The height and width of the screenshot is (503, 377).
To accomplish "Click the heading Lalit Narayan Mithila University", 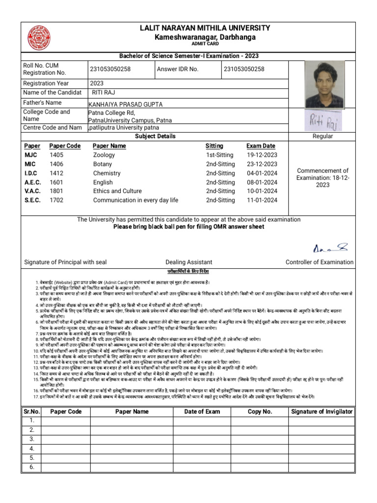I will pos(205,28).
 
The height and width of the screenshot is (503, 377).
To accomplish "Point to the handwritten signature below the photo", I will pos(324,120).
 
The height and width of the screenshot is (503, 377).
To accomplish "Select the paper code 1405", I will pos(56,155).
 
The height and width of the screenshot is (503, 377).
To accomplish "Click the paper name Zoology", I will pos(104,155).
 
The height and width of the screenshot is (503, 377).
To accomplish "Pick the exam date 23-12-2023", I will pos(262,165).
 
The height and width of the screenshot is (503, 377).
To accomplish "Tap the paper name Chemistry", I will pos(107,173).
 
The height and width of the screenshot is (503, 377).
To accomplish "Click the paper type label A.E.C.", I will pos(32,182).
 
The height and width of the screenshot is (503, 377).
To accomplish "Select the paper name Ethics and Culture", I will pos(117,191).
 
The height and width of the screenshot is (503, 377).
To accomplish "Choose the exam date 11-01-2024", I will pos(262,200).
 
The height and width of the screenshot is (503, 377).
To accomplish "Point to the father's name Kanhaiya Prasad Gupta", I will pos(125,105).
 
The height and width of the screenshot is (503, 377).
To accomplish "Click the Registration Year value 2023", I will pos(97,84).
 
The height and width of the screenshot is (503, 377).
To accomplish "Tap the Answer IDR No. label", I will pos(178,69).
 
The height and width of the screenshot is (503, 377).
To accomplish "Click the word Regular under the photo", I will pos(323,136).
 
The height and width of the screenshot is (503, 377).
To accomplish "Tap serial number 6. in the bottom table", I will pos(31,467).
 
